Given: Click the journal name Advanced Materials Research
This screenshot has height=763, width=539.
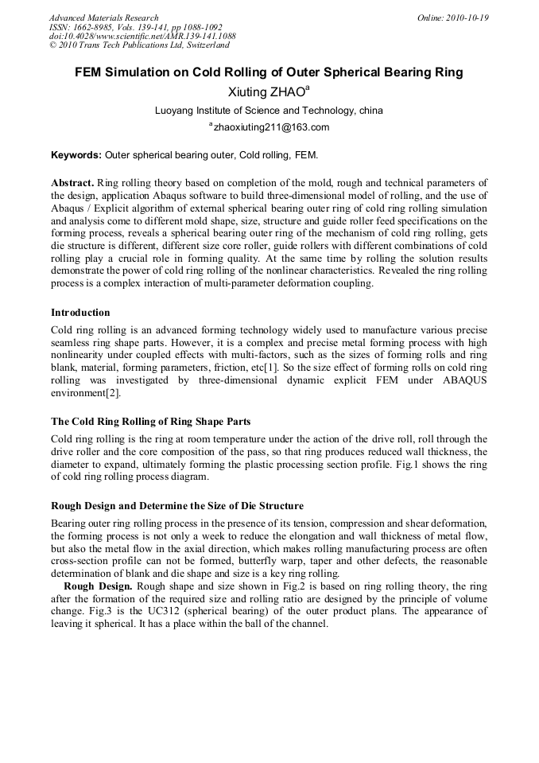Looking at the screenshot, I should click(103, 18).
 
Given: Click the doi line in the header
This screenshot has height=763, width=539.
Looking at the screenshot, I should click(142, 37).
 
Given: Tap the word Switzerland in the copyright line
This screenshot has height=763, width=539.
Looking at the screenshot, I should click(201, 46).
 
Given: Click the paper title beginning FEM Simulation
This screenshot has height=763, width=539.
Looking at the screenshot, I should click(269, 72).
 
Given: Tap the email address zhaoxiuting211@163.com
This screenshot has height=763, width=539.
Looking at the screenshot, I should click(271, 127).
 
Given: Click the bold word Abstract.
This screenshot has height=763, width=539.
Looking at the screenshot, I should click(73, 183).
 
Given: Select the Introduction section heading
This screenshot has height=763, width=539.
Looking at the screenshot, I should click(80, 313).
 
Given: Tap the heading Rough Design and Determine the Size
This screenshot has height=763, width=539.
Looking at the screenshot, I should click(176, 506).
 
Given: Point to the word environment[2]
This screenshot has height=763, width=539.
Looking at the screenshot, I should click(86, 393).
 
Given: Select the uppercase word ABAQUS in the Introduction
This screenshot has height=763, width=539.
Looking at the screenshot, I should click(463, 380).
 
